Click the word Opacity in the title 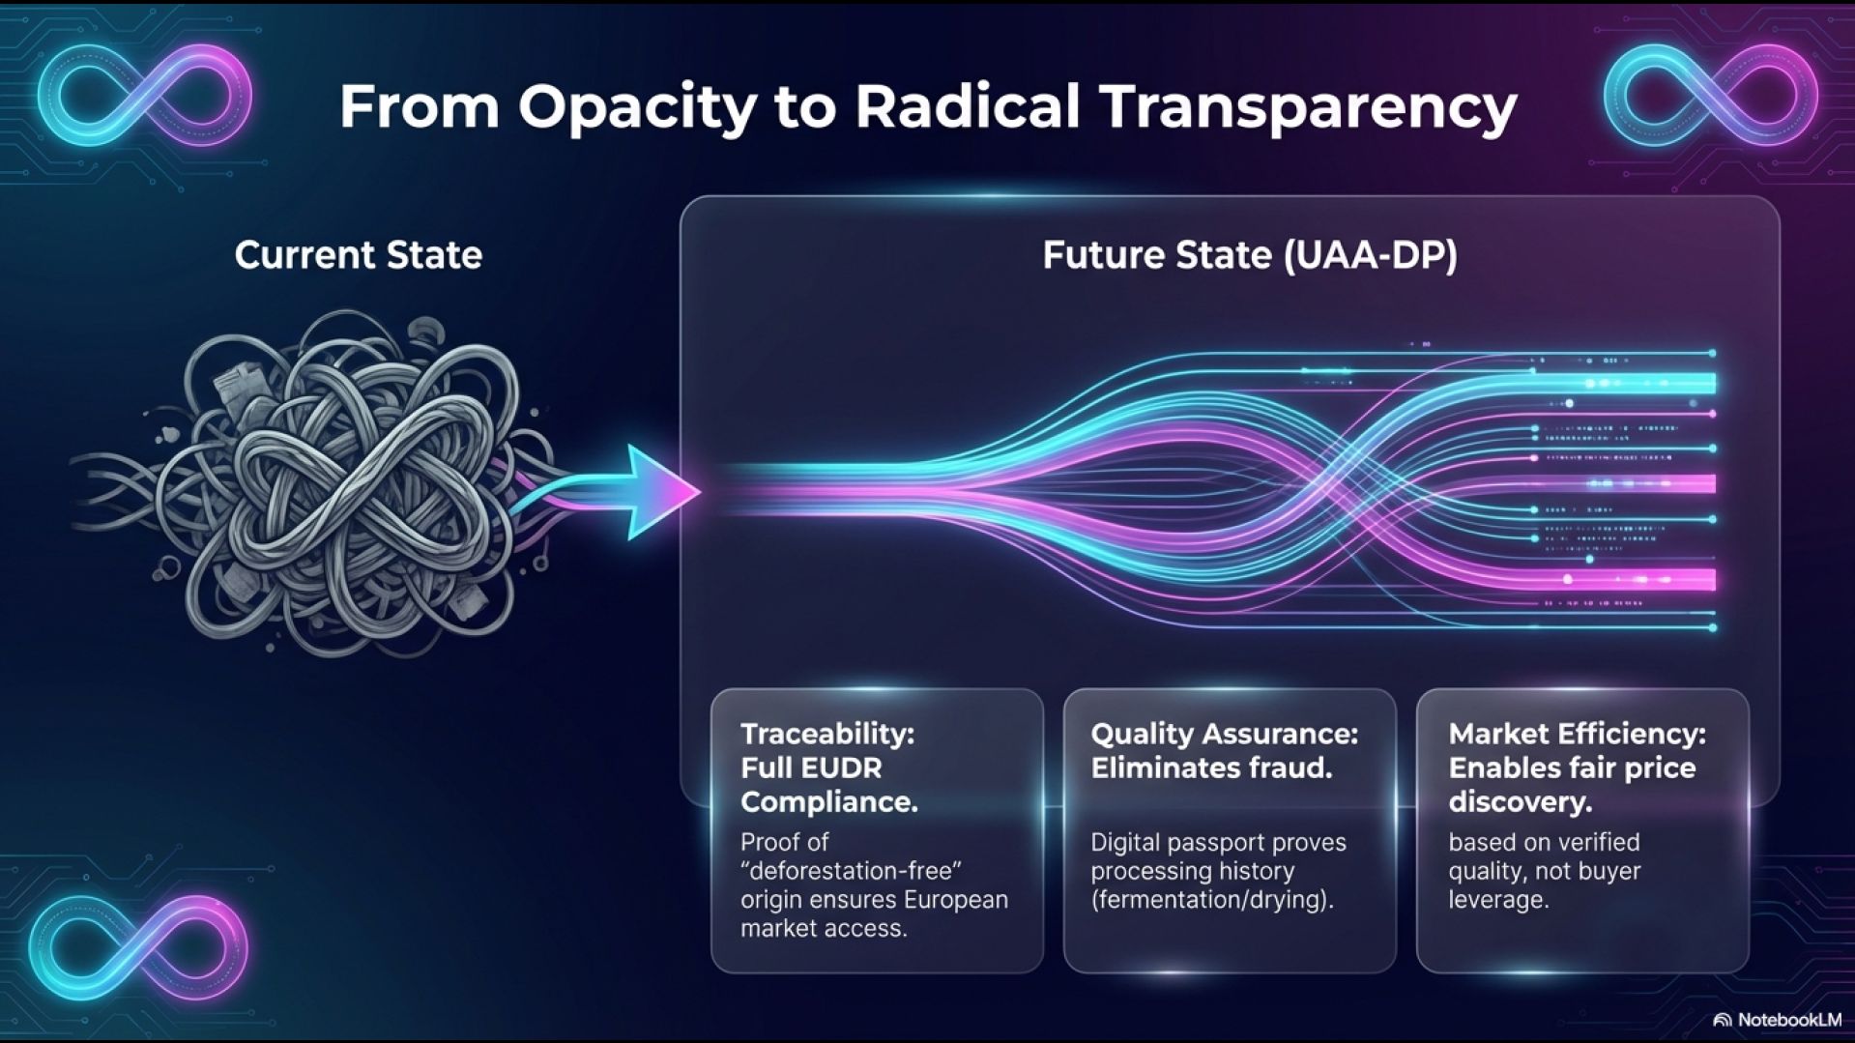pos(637,107)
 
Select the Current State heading pos(358,255)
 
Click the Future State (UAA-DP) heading pos(1250,255)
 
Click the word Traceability pos(826,734)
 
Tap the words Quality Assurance pos(1224,734)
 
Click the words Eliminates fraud pos(1211,768)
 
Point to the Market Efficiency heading pos(1577,734)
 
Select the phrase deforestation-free pos(851,870)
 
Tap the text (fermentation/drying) pos(1212,900)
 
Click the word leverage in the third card pos(1498,900)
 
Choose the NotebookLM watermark pos(1778,1020)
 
